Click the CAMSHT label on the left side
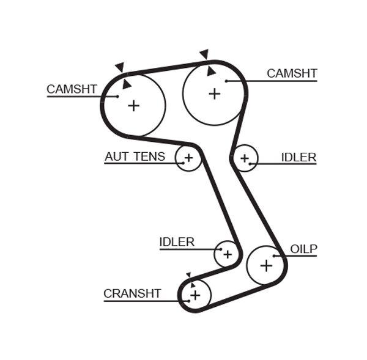pyautogui.click(x=72, y=89)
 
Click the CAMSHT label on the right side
pyautogui.click(x=292, y=73)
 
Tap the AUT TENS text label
pyautogui.click(x=135, y=156)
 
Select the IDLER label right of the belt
pyautogui.click(x=298, y=157)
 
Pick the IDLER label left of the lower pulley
pyautogui.click(x=177, y=242)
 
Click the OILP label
pyautogui.click(x=304, y=249)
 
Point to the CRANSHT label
pyautogui.click(x=132, y=293)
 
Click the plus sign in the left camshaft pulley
pyautogui.click(x=133, y=105)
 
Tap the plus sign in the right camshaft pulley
pyautogui.click(x=214, y=94)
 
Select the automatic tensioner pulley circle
pyautogui.click(x=188, y=159)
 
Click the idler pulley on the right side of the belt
pyautogui.click(x=245, y=159)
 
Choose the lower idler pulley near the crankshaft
pyautogui.click(x=227, y=253)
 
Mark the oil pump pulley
pyautogui.click(x=266, y=265)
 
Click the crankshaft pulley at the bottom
pyautogui.click(x=195, y=296)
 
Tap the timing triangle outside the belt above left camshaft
pyautogui.click(x=120, y=67)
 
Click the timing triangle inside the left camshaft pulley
pyautogui.click(x=126, y=84)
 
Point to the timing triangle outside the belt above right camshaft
pyautogui.click(x=204, y=54)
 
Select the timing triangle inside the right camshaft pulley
pyautogui.click(x=211, y=71)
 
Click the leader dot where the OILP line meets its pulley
pyautogui.click(x=275, y=255)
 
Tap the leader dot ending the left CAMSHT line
pyautogui.click(x=117, y=96)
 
